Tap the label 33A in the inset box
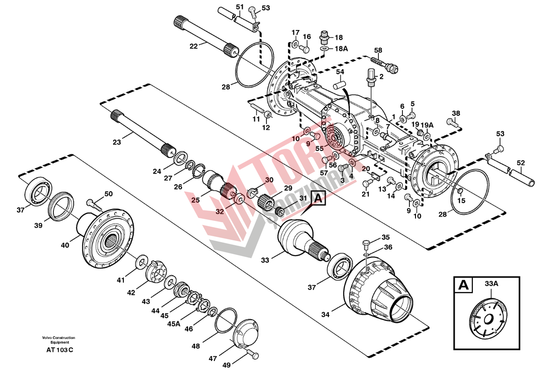pyautogui.click(x=492, y=284)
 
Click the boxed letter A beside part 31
pyautogui.click(x=318, y=199)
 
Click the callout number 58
pyautogui.click(x=378, y=50)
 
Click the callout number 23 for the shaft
pyautogui.click(x=117, y=142)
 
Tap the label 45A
pyautogui.click(x=174, y=323)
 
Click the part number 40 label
pyautogui.click(x=65, y=245)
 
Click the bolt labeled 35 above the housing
pyautogui.click(x=367, y=243)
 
